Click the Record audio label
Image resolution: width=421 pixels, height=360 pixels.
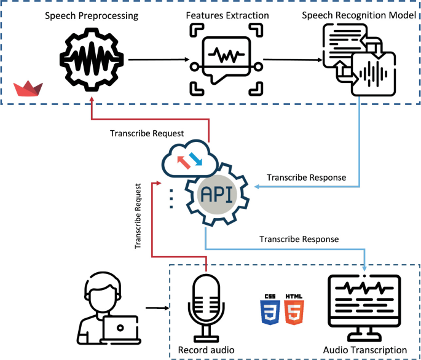point(206,350)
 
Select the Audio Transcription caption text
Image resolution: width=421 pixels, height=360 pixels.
point(365,350)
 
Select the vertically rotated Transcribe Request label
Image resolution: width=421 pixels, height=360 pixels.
point(140,216)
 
